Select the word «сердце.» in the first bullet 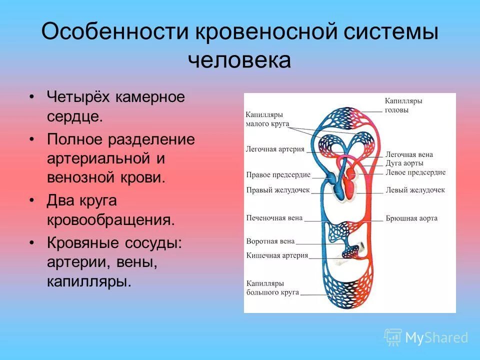click(x=75, y=117)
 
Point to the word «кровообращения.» click(x=111, y=220)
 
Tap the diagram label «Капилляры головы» click(x=403, y=105)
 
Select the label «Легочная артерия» click(x=275, y=149)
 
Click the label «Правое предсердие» click(x=278, y=175)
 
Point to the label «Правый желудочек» click(x=278, y=190)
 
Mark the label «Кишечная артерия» click(x=276, y=255)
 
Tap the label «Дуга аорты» click(x=404, y=163)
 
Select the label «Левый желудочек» click(x=414, y=190)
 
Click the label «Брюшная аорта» click(x=411, y=218)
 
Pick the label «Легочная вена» click(x=409, y=154)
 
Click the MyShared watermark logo click(x=426, y=337)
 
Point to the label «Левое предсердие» click(x=415, y=172)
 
